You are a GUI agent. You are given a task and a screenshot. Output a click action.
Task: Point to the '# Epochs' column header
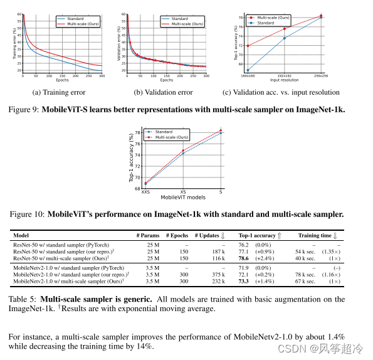pyautogui.click(x=177, y=235)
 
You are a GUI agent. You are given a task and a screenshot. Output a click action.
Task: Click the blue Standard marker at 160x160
pyautogui.click(x=248, y=70)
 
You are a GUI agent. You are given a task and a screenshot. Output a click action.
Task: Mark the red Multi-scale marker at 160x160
pyautogui.click(x=248, y=46)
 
